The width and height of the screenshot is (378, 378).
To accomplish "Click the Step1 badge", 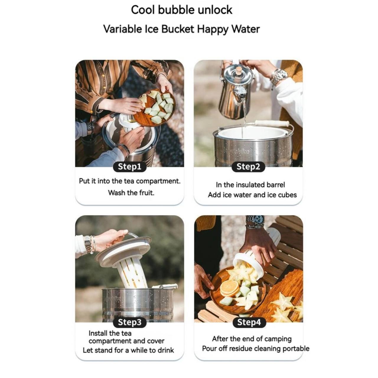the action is click(x=130, y=167).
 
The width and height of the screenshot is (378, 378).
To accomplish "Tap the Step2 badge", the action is click(x=248, y=167).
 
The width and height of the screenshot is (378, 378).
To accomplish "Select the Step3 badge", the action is click(x=130, y=322).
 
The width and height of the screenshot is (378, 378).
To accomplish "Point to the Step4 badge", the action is click(x=249, y=322).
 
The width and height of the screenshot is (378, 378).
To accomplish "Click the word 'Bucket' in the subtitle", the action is click(x=178, y=29).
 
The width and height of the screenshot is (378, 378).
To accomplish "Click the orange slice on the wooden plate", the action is click(x=230, y=288).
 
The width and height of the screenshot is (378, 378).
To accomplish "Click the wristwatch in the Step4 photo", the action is click(x=255, y=221).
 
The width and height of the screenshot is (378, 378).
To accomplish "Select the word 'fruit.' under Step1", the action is click(x=147, y=193).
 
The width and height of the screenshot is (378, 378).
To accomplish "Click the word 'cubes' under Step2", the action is click(x=287, y=195).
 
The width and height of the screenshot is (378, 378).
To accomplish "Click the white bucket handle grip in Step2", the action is click(x=272, y=123).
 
